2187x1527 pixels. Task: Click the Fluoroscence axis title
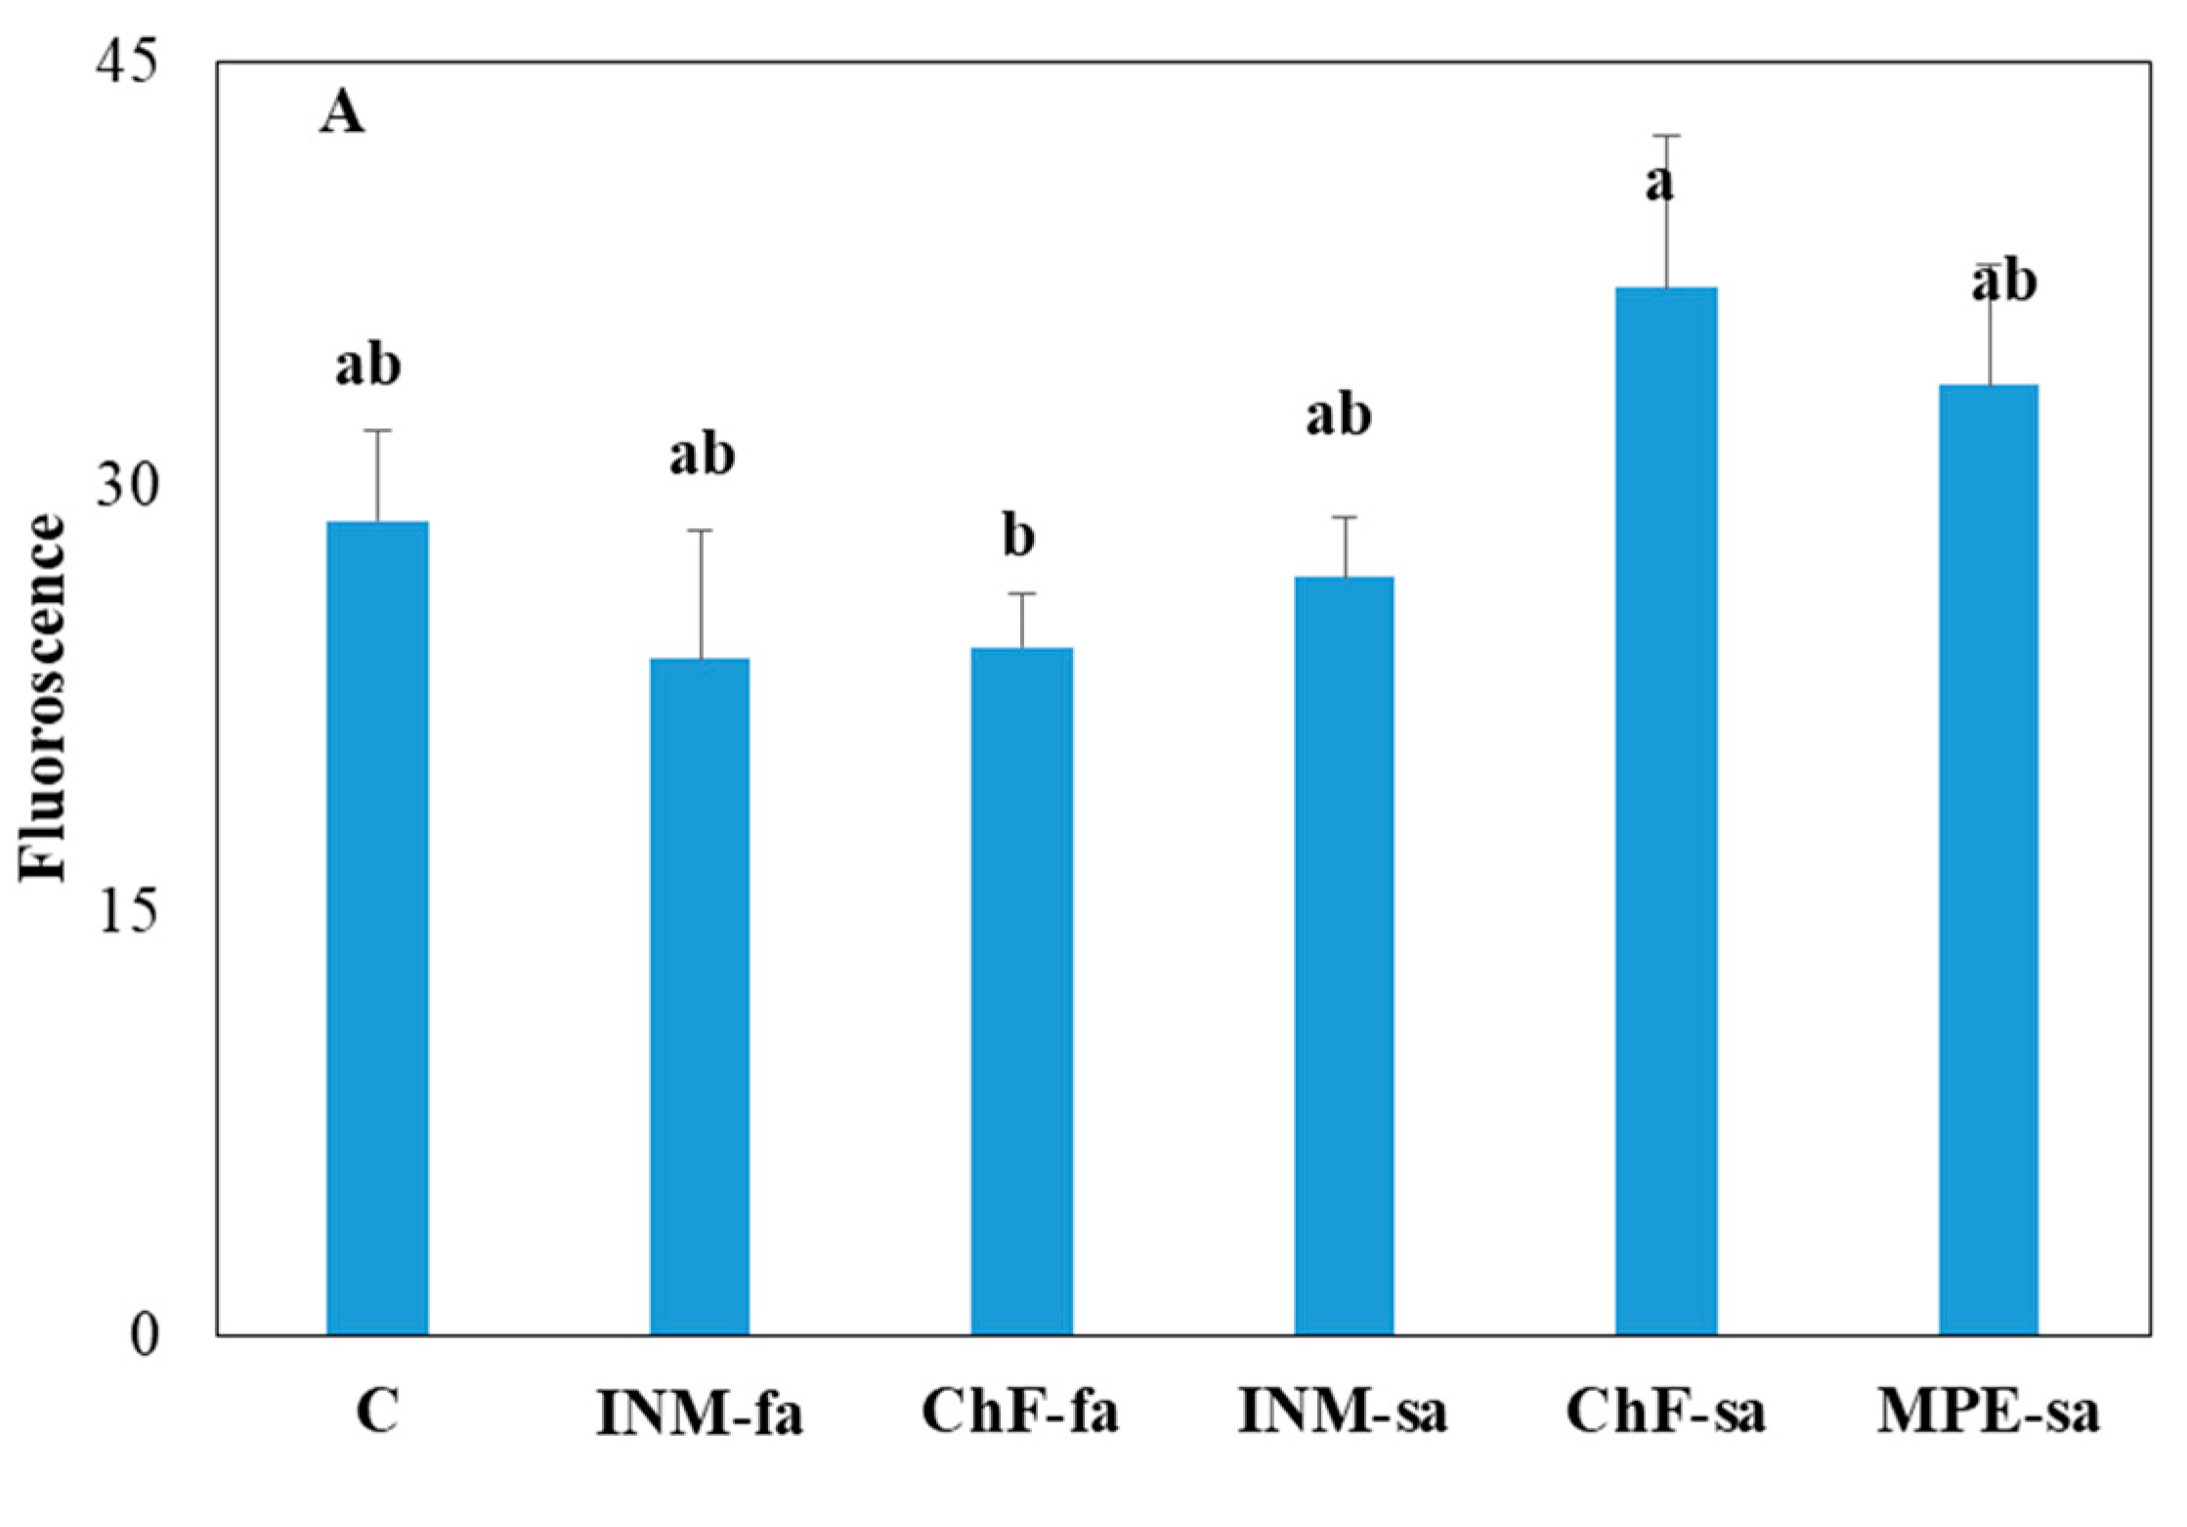(x=45, y=698)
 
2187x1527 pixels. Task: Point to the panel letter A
(x=342, y=116)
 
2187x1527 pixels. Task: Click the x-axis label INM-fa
(x=700, y=1415)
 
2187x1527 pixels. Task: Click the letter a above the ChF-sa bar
(x=1659, y=182)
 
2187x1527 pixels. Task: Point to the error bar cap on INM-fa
(x=700, y=530)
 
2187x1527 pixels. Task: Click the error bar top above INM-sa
(x=1345, y=516)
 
